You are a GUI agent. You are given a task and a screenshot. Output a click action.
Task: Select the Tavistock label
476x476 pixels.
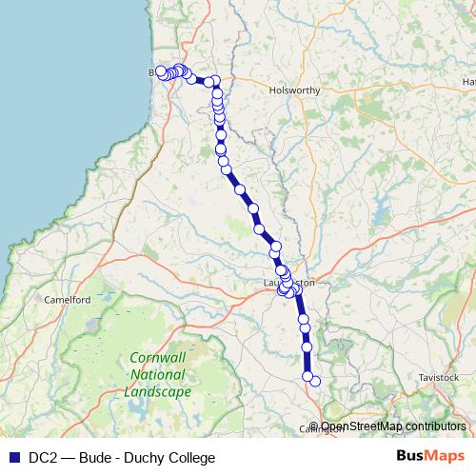[x=438, y=378]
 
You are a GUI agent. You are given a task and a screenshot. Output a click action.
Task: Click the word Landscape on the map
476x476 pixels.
[x=160, y=391]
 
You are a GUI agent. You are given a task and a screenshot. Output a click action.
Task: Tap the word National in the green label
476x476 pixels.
[x=157, y=376]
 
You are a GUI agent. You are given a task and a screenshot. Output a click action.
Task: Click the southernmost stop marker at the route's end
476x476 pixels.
[x=315, y=382]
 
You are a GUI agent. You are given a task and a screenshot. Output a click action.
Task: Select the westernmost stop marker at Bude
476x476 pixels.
[x=161, y=71]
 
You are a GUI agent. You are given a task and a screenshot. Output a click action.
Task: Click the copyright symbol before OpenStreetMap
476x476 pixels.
[x=314, y=426]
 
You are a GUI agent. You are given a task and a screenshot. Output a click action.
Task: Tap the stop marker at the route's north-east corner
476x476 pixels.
[x=216, y=81]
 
